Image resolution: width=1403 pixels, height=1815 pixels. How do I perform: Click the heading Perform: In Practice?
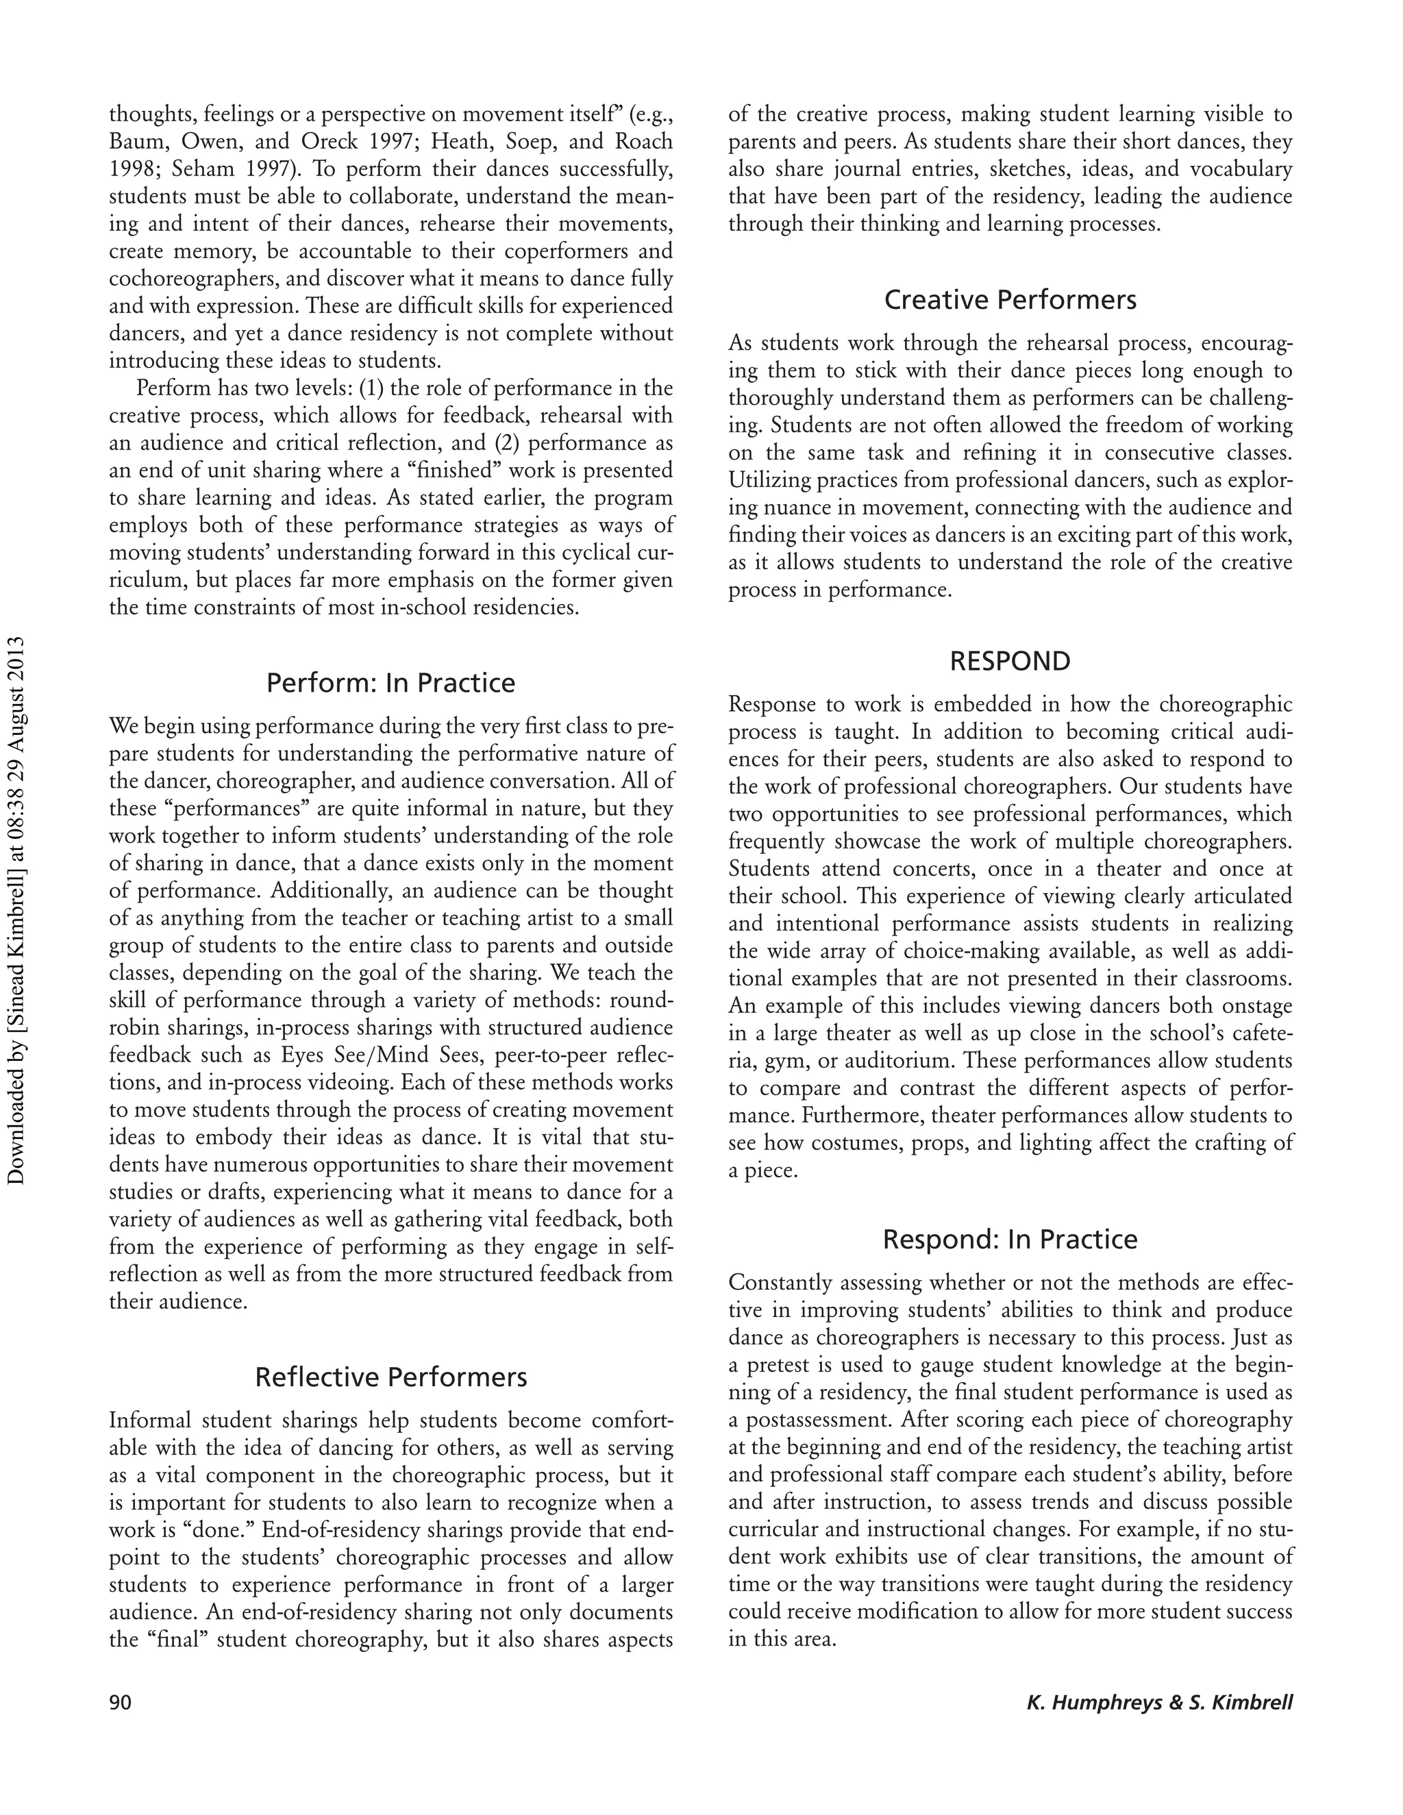coord(390,683)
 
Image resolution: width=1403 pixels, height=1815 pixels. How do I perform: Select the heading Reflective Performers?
coord(390,1377)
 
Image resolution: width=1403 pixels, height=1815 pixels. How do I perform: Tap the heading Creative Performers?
coord(1010,299)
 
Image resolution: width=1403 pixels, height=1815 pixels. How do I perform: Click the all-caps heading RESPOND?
coord(1010,662)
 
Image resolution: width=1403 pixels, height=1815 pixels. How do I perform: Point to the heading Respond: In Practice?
coord(1010,1239)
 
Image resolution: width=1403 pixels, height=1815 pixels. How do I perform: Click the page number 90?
coord(121,1703)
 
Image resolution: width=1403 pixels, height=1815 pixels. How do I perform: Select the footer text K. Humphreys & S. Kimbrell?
coord(1160,1703)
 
